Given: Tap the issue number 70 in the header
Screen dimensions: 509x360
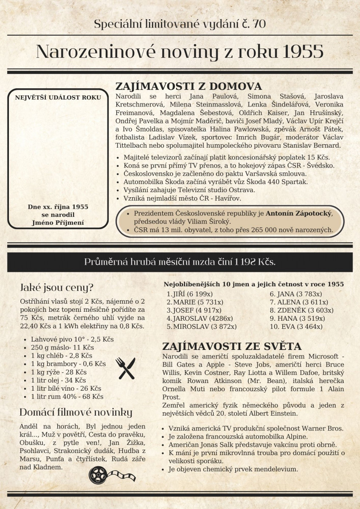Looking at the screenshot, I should [259, 24].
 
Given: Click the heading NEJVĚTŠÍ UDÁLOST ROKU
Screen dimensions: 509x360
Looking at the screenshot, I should [58, 97].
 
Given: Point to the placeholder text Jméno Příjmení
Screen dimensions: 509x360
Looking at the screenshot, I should [58, 222].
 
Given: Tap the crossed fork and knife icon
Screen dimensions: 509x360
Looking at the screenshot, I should [125, 368].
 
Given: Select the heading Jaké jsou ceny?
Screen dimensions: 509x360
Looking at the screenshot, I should [56, 288].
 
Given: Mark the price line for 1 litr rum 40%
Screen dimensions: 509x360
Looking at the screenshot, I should [67, 397].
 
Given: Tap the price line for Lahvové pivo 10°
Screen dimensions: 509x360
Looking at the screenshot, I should [72, 339].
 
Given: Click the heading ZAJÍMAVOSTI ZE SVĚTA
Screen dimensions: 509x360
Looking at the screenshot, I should [232, 345].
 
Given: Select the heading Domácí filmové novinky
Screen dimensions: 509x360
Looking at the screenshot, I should [76, 412].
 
